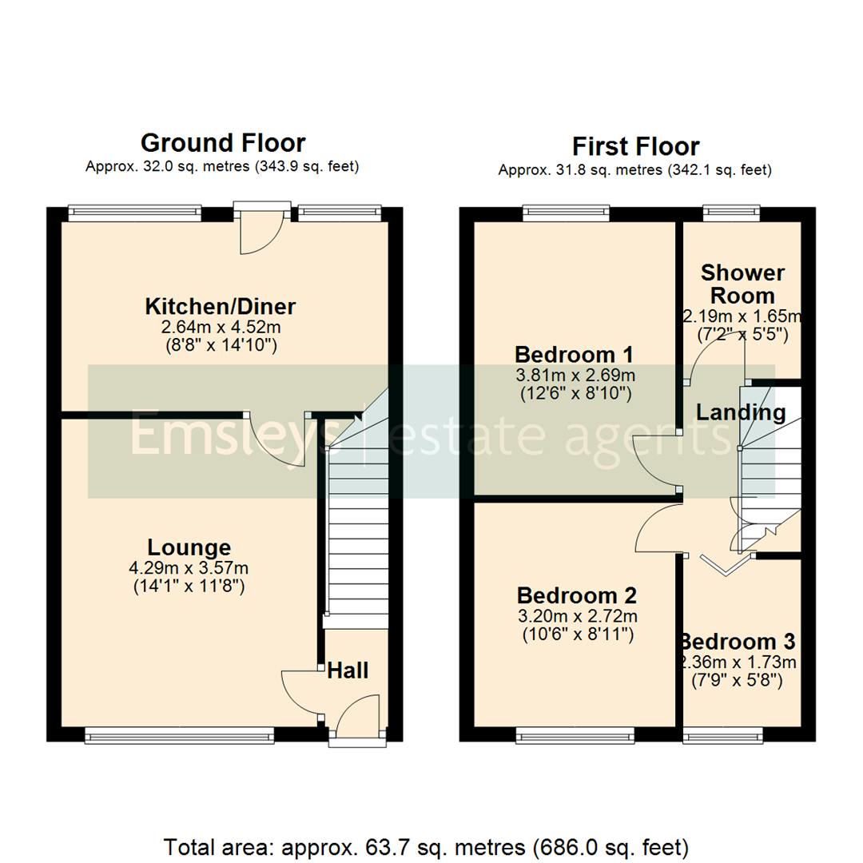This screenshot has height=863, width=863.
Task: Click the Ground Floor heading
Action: pos(222,143)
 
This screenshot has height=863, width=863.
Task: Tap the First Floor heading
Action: pos(635,146)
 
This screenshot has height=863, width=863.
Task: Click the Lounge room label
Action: pos(189,547)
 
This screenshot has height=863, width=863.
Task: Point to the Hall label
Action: pos(348,670)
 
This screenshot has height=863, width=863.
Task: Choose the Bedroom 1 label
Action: pos(574,353)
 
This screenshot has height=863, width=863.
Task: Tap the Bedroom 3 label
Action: pos(738,642)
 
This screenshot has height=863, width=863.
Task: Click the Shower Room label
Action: pos(742,284)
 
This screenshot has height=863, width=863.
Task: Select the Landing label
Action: pos(741,413)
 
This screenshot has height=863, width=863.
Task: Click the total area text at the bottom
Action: pos(426,845)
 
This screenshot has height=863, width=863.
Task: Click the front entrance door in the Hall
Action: pos(356,719)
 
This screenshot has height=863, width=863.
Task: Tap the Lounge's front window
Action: pos(180,734)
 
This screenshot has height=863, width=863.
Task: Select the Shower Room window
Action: pos(731,212)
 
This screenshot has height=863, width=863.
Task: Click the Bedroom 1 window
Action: pos(567,212)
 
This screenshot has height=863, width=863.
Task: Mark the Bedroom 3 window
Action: pos(722,734)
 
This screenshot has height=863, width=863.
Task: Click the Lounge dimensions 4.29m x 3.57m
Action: pos(189,569)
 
